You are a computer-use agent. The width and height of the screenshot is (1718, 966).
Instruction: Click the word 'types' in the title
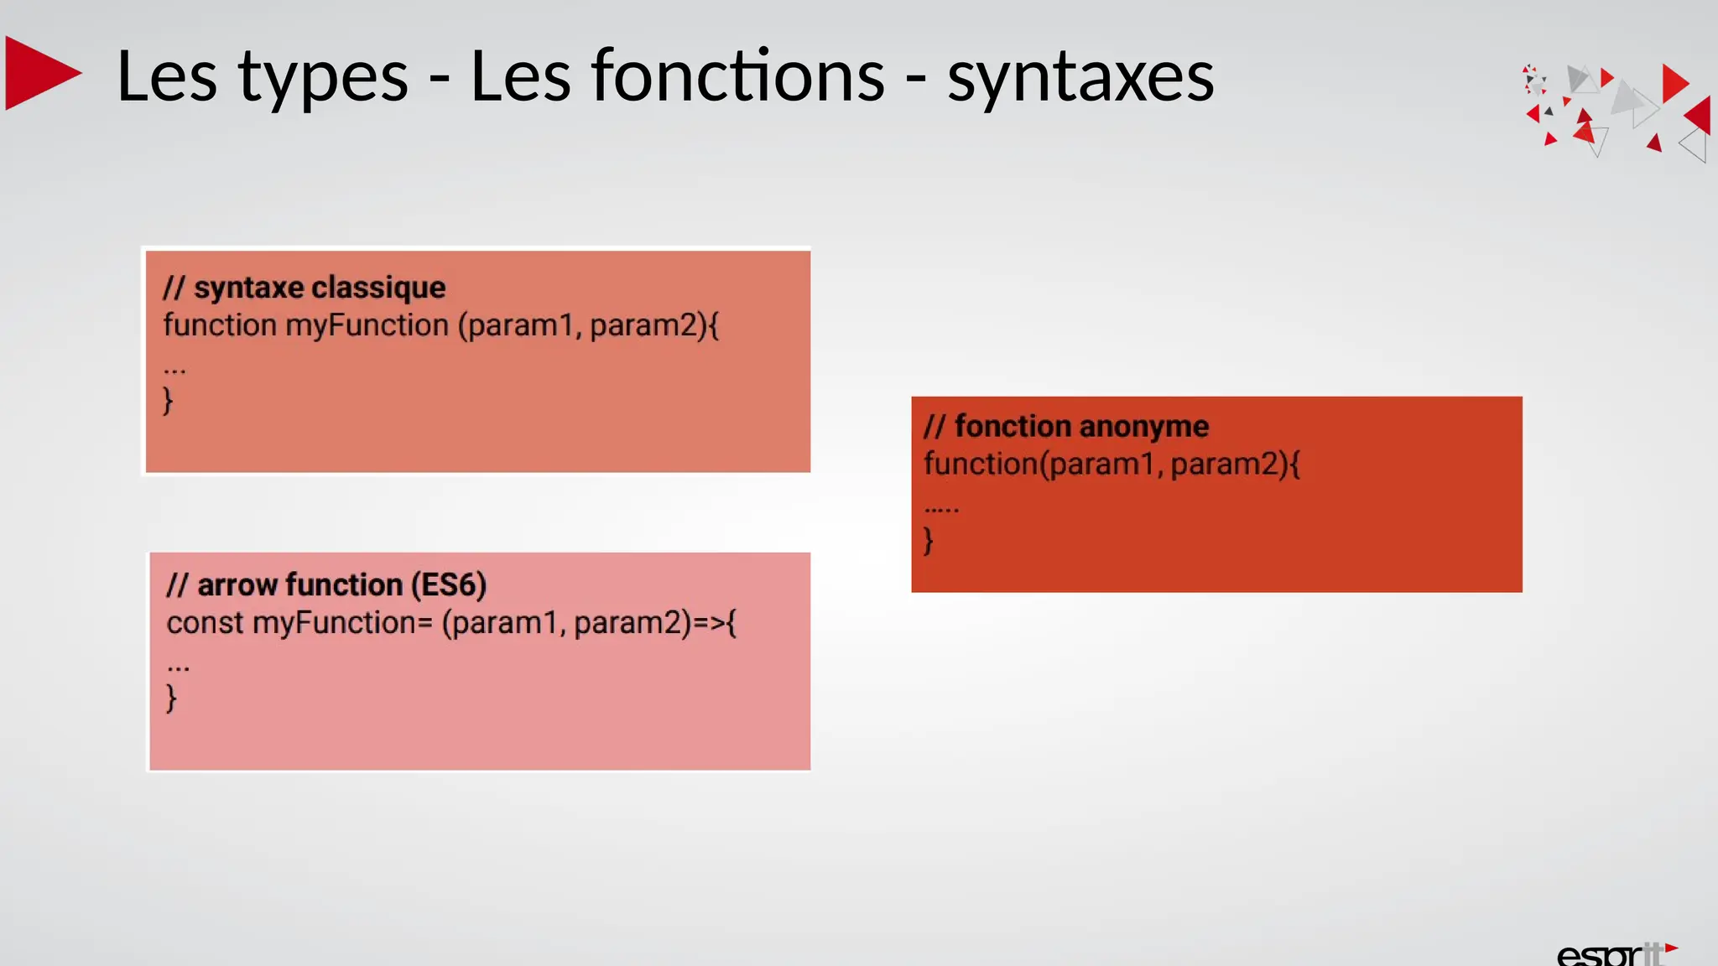pos(323,78)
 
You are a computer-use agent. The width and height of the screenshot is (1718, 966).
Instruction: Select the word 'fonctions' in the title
pos(677,76)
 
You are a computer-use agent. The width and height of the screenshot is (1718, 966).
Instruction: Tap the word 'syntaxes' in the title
pos(1080,78)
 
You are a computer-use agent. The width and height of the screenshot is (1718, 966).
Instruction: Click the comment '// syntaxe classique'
pos(304,288)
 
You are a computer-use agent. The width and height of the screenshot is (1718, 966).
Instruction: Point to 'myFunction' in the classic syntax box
pos(367,325)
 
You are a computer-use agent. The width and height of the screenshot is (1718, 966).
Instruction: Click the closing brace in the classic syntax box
pos(168,401)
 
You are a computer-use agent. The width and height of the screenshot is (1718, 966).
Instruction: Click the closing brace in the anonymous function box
pos(928,540)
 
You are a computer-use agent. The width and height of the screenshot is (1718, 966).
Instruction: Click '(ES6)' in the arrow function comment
pos(448,584)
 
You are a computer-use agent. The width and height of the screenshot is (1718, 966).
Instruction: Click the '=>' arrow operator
pos(709,623)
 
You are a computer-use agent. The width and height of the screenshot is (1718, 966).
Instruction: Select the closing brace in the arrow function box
pos(171,698)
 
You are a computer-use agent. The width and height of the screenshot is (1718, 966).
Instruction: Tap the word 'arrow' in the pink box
pos(237,584)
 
